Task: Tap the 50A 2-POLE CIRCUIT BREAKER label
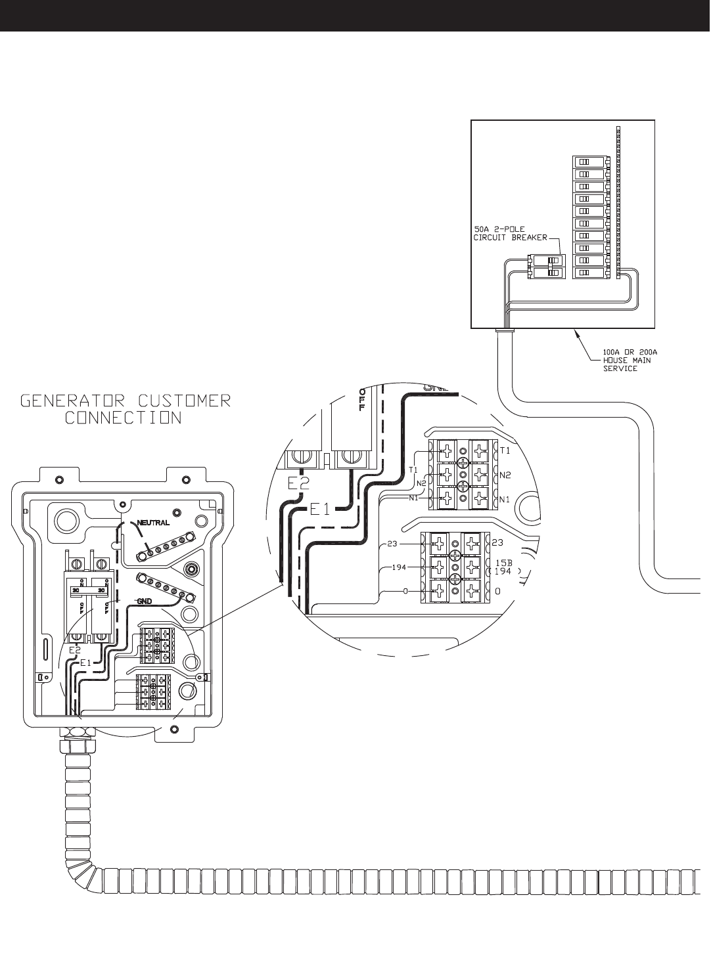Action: pyautogui.click(x=511, y=234)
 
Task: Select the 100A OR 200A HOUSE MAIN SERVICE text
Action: pyautogui.click(x=630, y=360)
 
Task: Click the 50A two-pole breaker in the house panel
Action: pyautogui.click(x=545, y=267)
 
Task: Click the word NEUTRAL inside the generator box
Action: pyautogui.click(x=153, y=523)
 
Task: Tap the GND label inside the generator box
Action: pyautogui.click(x=145, y=601)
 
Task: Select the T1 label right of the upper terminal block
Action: pyautogui.click(x=505, y=450)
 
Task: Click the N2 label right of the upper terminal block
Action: pyautogui.click(x=505, y=474)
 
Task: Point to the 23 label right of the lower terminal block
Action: pyautogui.click(x=497, y=542)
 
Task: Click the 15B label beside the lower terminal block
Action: pyautogui.click(x=503, y=563)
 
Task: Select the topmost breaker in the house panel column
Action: pyautogui.click(x=589, y=162)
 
